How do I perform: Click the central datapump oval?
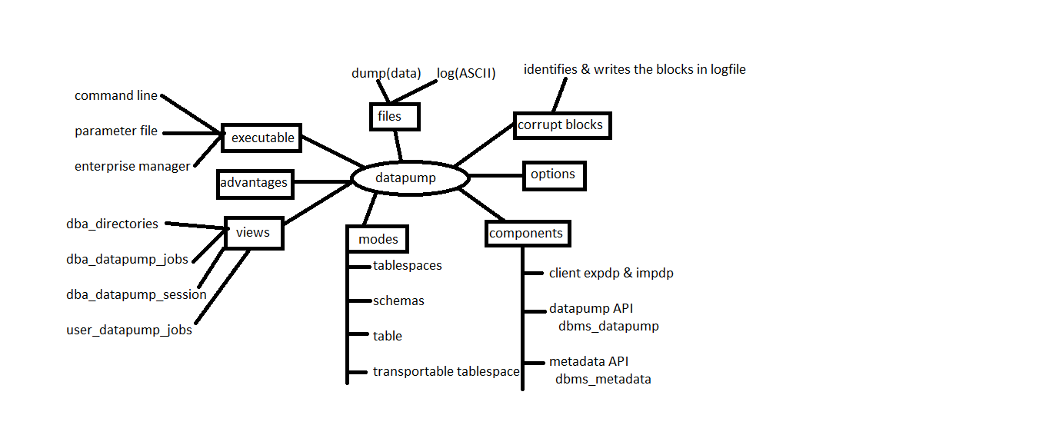(x=409, y=178)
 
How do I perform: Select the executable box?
(x=261, y=138)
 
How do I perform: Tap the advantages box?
(x=254, y=183)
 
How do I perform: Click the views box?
(x=254, y=232)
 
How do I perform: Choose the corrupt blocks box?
(x=561, y=125)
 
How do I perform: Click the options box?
(x=554, y=174)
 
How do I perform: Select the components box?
(x=528, y=234)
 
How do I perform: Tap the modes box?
(x=378, y=239)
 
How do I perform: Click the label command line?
(x=116, y=96)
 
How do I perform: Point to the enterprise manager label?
(x=132, y=167)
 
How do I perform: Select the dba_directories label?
(x=112, y=224)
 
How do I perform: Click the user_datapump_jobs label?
(x=129, y=331)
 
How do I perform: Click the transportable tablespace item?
(x=446, y=372)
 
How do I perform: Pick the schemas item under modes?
(x=398, y=301)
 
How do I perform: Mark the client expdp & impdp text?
(x=611, y=274)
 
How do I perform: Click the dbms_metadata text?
(x=603, y=379)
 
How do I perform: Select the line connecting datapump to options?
(x=496, y=176)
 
